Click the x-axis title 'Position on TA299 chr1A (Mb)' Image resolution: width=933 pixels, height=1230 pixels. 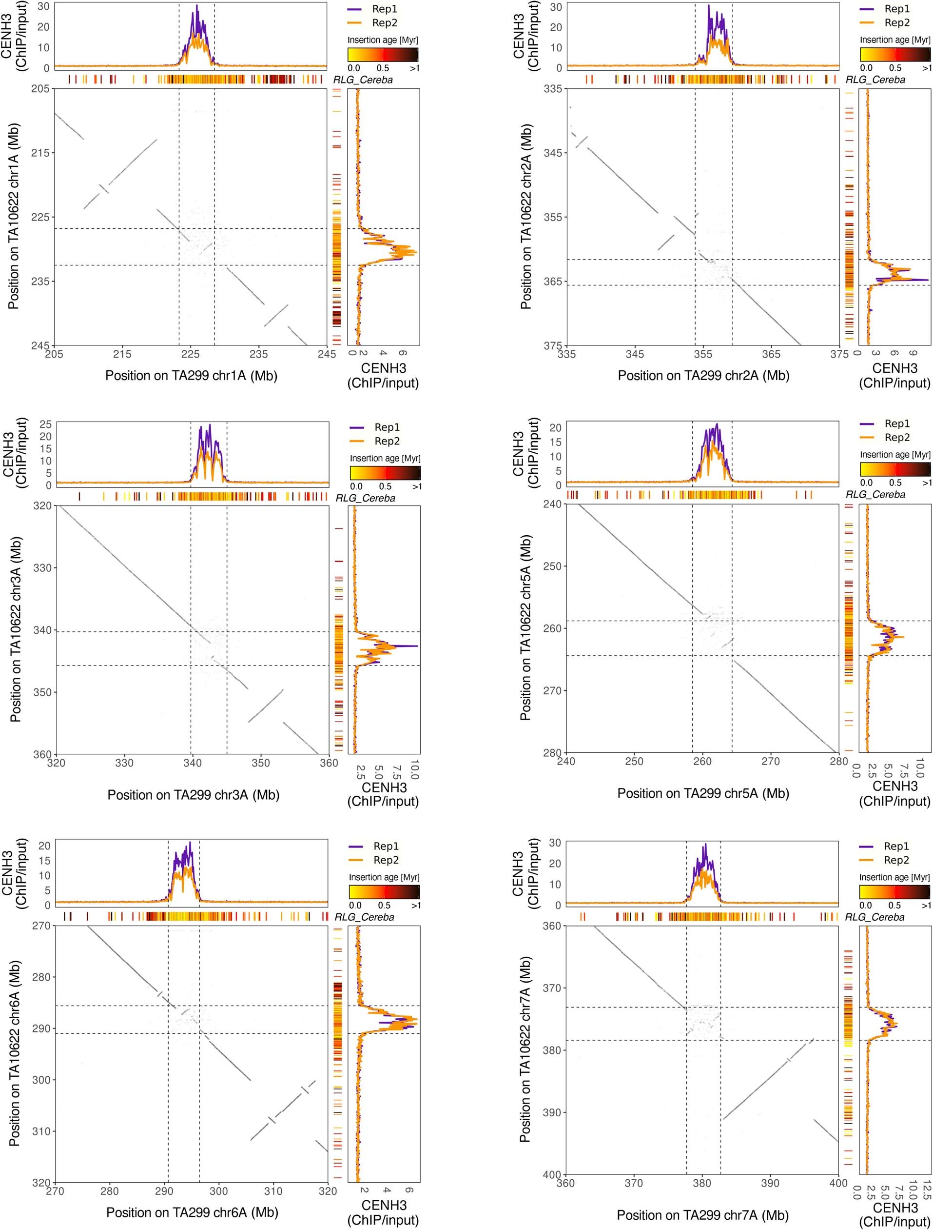click(x=191, y=375)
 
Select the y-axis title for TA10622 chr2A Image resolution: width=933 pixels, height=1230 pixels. click(x=526, y=216)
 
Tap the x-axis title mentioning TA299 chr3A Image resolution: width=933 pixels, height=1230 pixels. click(x=194, y=795)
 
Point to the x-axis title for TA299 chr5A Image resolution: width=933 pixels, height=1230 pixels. click(x=703, y=793)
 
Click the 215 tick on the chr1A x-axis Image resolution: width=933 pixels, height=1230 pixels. click(x=122, y=354)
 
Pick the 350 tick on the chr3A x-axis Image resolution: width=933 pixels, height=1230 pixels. click(x=261, y=763)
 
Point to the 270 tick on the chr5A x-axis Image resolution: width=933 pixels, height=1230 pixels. click(x=771, y=761)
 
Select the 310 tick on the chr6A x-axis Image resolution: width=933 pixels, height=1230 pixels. click(x=273, y=1190)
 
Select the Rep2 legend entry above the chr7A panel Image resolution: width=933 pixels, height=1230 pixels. click(x=896, y=860)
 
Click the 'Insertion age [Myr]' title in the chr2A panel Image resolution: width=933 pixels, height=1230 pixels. click(x=894, y=40)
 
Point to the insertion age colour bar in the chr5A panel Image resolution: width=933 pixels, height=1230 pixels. click(x=894, y=469)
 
